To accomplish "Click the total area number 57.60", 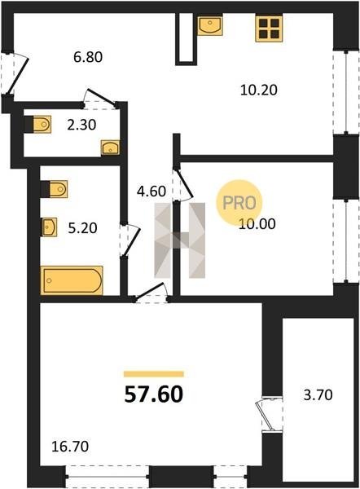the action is [x=154, y=394].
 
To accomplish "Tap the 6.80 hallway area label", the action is [x=88, y=57].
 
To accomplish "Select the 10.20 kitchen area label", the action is [x=259, y=90].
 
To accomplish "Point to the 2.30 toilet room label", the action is [x=81, y=125].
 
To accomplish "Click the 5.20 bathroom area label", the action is [x=82, y=228].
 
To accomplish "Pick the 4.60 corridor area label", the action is [x=151, y=192].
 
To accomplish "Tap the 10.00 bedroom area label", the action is [x=257, y=224].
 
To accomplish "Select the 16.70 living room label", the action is [x=70, y=447].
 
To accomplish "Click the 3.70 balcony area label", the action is [x=318, y=395].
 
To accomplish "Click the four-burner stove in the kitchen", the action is [x=269, y=29].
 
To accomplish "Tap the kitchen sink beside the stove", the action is [x=210, y=25].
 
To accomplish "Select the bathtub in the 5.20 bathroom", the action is [x=72, y=280].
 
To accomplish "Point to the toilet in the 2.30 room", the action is [x=38, y=125].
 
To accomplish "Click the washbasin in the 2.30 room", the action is [x=110, y=148].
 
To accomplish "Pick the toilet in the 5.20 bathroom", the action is [x=54, y=189].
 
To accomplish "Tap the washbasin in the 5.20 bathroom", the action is [x=50, y=227].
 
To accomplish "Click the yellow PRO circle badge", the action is [x=239, y=203].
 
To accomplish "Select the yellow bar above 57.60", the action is [x=154, y=374].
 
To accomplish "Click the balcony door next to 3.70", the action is [x=267, y=414].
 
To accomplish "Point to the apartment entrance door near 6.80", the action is [x=14, y=73].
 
